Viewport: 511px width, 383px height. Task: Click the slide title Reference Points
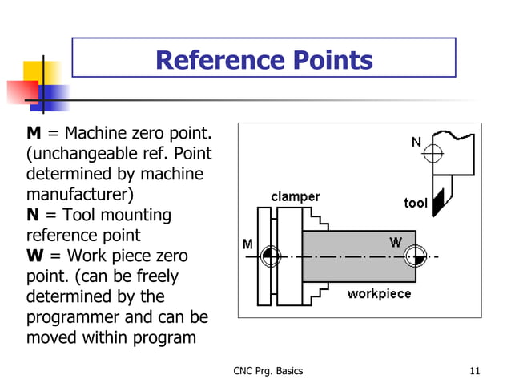coord(264,60)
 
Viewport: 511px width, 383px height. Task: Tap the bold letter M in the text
coord(35,132)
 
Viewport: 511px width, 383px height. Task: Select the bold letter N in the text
coord(34,215)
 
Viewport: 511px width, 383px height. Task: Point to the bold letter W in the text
coord(36,256)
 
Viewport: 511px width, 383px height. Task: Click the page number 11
coord(475,370)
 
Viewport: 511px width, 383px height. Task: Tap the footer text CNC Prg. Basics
coord(268,370)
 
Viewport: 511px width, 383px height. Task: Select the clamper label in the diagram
coord(295,196)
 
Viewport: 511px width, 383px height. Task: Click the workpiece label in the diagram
coord(379,293)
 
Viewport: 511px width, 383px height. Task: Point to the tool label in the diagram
coord(415,203)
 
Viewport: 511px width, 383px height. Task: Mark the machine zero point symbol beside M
coord(269,256)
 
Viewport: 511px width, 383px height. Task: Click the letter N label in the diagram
coord(416,142)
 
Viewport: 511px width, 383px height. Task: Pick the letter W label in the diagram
coord(396,241)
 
